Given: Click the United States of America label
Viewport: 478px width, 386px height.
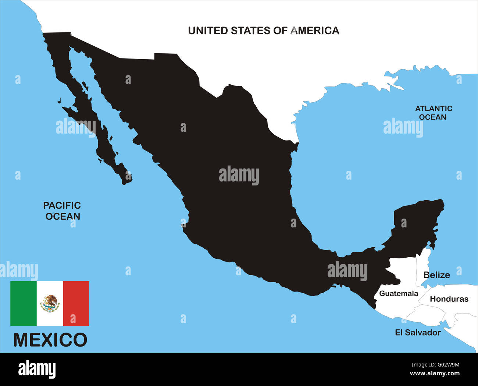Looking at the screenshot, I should coord(263,31).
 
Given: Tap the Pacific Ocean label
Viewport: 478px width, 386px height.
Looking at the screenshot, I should coord(62,211).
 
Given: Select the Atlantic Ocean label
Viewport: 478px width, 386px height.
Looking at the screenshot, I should coord(434,113).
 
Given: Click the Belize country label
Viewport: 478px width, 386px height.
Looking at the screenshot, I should coord(436,275).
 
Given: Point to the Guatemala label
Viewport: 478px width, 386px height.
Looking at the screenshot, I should coord(399,293).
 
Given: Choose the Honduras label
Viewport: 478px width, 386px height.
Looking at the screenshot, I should coord(449,299).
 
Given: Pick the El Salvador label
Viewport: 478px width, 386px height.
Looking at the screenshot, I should coord(418,332).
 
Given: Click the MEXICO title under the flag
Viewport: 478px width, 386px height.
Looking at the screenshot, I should coord(50,340).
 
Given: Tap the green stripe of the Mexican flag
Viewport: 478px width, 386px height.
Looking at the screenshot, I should coord(24,304).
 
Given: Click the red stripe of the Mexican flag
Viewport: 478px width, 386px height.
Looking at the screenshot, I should coord(76,304).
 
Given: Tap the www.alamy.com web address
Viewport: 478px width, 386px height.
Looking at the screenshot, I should coord(434,374).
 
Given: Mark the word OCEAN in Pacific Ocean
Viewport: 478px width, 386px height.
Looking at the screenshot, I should coord(63,216).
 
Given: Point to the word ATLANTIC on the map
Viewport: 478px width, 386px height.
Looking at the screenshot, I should coord(434,109).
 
